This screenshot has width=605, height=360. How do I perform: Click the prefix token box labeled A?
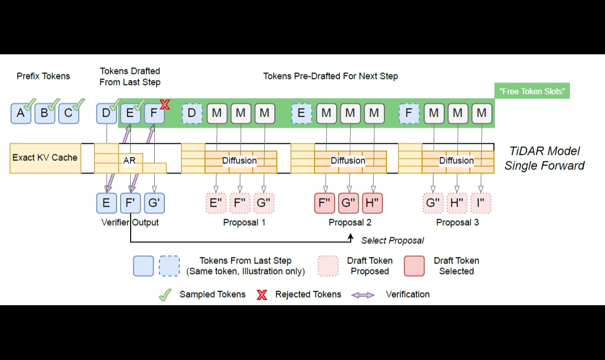tap(21, 113)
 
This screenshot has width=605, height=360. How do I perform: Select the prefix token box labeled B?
tap(44, 113)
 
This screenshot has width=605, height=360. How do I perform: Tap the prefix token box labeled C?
tap(68, 113)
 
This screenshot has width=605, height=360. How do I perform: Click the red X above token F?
tap(164, 105)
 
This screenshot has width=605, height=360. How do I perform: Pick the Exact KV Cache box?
tap(45, 158)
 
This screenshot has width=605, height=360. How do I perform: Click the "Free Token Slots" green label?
tap(532, 92)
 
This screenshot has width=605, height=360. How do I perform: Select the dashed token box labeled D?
tap(191, 113)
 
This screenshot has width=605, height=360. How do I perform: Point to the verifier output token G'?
tap(154, 203)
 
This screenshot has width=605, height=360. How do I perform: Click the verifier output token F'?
tap(130, 203)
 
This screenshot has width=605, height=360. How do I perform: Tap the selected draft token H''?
tap(372, 203)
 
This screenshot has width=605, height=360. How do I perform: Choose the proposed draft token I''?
tap(481, 203)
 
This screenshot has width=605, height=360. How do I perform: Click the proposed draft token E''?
tap(217, 203)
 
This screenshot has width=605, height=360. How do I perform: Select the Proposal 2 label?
tap(350, 222)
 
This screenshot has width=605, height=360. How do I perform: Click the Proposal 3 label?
tap(457, 222)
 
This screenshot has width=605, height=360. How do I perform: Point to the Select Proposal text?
tap(392, 240)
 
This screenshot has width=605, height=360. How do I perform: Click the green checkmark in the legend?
tap(165, 295)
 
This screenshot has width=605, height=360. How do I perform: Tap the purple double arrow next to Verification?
tap(362, 295)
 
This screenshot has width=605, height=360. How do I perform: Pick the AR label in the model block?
tap(129, 160)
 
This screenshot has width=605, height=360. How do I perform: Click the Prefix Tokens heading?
tap(43, 76)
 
